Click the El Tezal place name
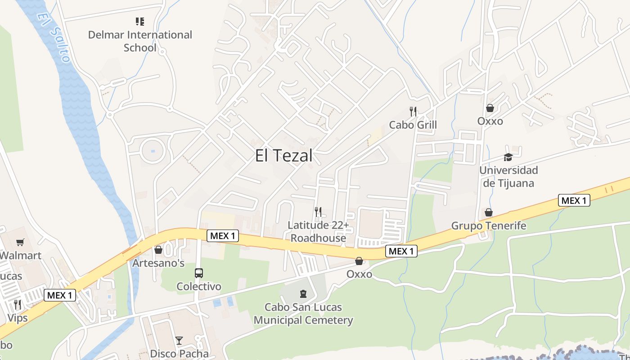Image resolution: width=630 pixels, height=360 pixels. pyautogui.click(x=283, y=156)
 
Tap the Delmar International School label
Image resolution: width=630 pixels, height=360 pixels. pyautogui.click(x=140, y=41)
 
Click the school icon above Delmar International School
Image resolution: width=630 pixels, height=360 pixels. pyautogui.click(x=140, y=21)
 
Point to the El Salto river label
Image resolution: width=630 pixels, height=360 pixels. pyautogui.click(x=54, y=36)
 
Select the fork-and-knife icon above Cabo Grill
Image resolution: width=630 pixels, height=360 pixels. pyautogui.click(x=413, y=111)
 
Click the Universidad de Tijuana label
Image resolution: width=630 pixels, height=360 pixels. pyautogui.click(x=508, y=177)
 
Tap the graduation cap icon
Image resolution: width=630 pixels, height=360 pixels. pyautogui.click(x=508, y=157)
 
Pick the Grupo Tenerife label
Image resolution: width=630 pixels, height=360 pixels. pyautogui.click(x=488, y=225)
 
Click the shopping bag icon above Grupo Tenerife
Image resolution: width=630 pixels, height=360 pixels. pyautogui.click(x=488, y=212)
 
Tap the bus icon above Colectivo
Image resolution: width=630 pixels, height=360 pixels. pyautogui.click(x=198, y=273)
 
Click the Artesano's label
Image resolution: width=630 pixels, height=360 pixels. pyautogui.click(x=158, y=263)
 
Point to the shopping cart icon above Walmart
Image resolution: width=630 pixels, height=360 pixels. pyautogui.click(x=20, y=243)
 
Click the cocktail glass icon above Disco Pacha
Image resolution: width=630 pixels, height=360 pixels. pyautogui.click(x=179, y=340)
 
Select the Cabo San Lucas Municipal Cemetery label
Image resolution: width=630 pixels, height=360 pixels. pyautogui.click(x=303, y=314)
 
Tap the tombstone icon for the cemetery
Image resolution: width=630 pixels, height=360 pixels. pyautogui.click(x=303, y=294)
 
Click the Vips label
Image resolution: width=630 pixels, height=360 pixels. pyautogui.click(x=18, y=318)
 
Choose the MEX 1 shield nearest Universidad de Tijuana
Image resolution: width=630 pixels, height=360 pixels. pyautogui.click(x=574, y=201)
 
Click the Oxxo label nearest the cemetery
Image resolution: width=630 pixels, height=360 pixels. pyautogui.click(x=359, y=274)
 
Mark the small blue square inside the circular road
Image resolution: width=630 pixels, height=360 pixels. pyautogui.click(x=153, y=151)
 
